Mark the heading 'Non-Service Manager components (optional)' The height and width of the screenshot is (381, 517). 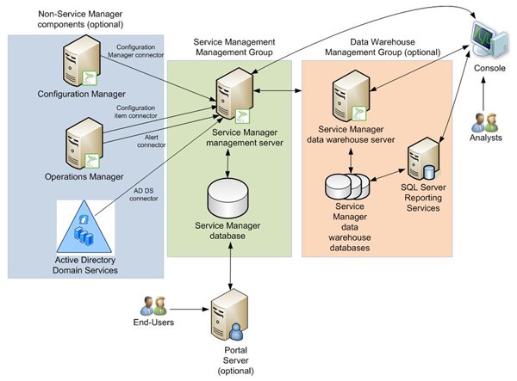[x=78, y=20]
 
